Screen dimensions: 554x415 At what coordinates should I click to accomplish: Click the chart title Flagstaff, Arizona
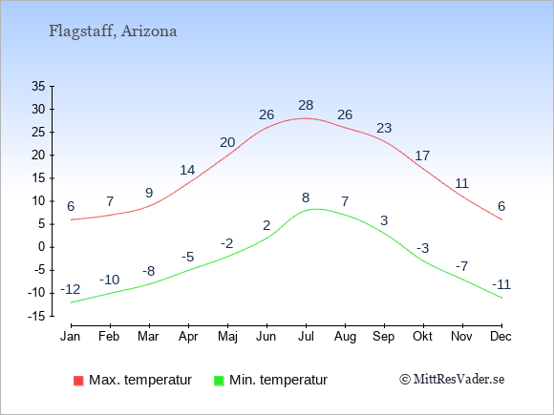click(113, 31)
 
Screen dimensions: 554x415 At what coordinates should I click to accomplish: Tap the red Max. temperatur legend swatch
click(78, 381)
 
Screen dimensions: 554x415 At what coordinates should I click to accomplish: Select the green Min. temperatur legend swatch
click(219, 381)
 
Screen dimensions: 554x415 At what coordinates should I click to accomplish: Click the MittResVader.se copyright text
click(452, 380)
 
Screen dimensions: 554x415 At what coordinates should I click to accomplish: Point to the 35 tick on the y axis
click(38, 86)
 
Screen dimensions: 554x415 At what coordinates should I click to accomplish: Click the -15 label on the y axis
click(36, 316)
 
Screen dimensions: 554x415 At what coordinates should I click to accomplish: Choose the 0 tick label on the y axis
click(42, 247)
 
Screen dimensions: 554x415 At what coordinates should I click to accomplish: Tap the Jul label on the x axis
click(306, 337)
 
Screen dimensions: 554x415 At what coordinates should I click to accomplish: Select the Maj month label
click(227, 337)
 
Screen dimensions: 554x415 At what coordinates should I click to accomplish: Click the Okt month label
click(422, 337)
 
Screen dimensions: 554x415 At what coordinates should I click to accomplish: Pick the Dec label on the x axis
click(501, 337)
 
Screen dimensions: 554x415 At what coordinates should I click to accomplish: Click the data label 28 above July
click(306, 105)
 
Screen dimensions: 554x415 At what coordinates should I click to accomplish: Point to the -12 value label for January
click(71, 290)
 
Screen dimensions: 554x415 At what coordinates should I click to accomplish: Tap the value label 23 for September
click(384, 128)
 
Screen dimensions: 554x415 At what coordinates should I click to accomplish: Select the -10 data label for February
click(110, 280)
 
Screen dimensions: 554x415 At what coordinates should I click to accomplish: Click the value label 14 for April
click(187, 171)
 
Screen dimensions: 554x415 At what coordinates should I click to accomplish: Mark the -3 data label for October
click(422, 248)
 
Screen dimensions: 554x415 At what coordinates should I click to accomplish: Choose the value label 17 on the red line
click(422, 156)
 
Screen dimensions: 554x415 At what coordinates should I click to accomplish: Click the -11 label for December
click(501, 284)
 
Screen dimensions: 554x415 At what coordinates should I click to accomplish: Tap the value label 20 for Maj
click(227, 142)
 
